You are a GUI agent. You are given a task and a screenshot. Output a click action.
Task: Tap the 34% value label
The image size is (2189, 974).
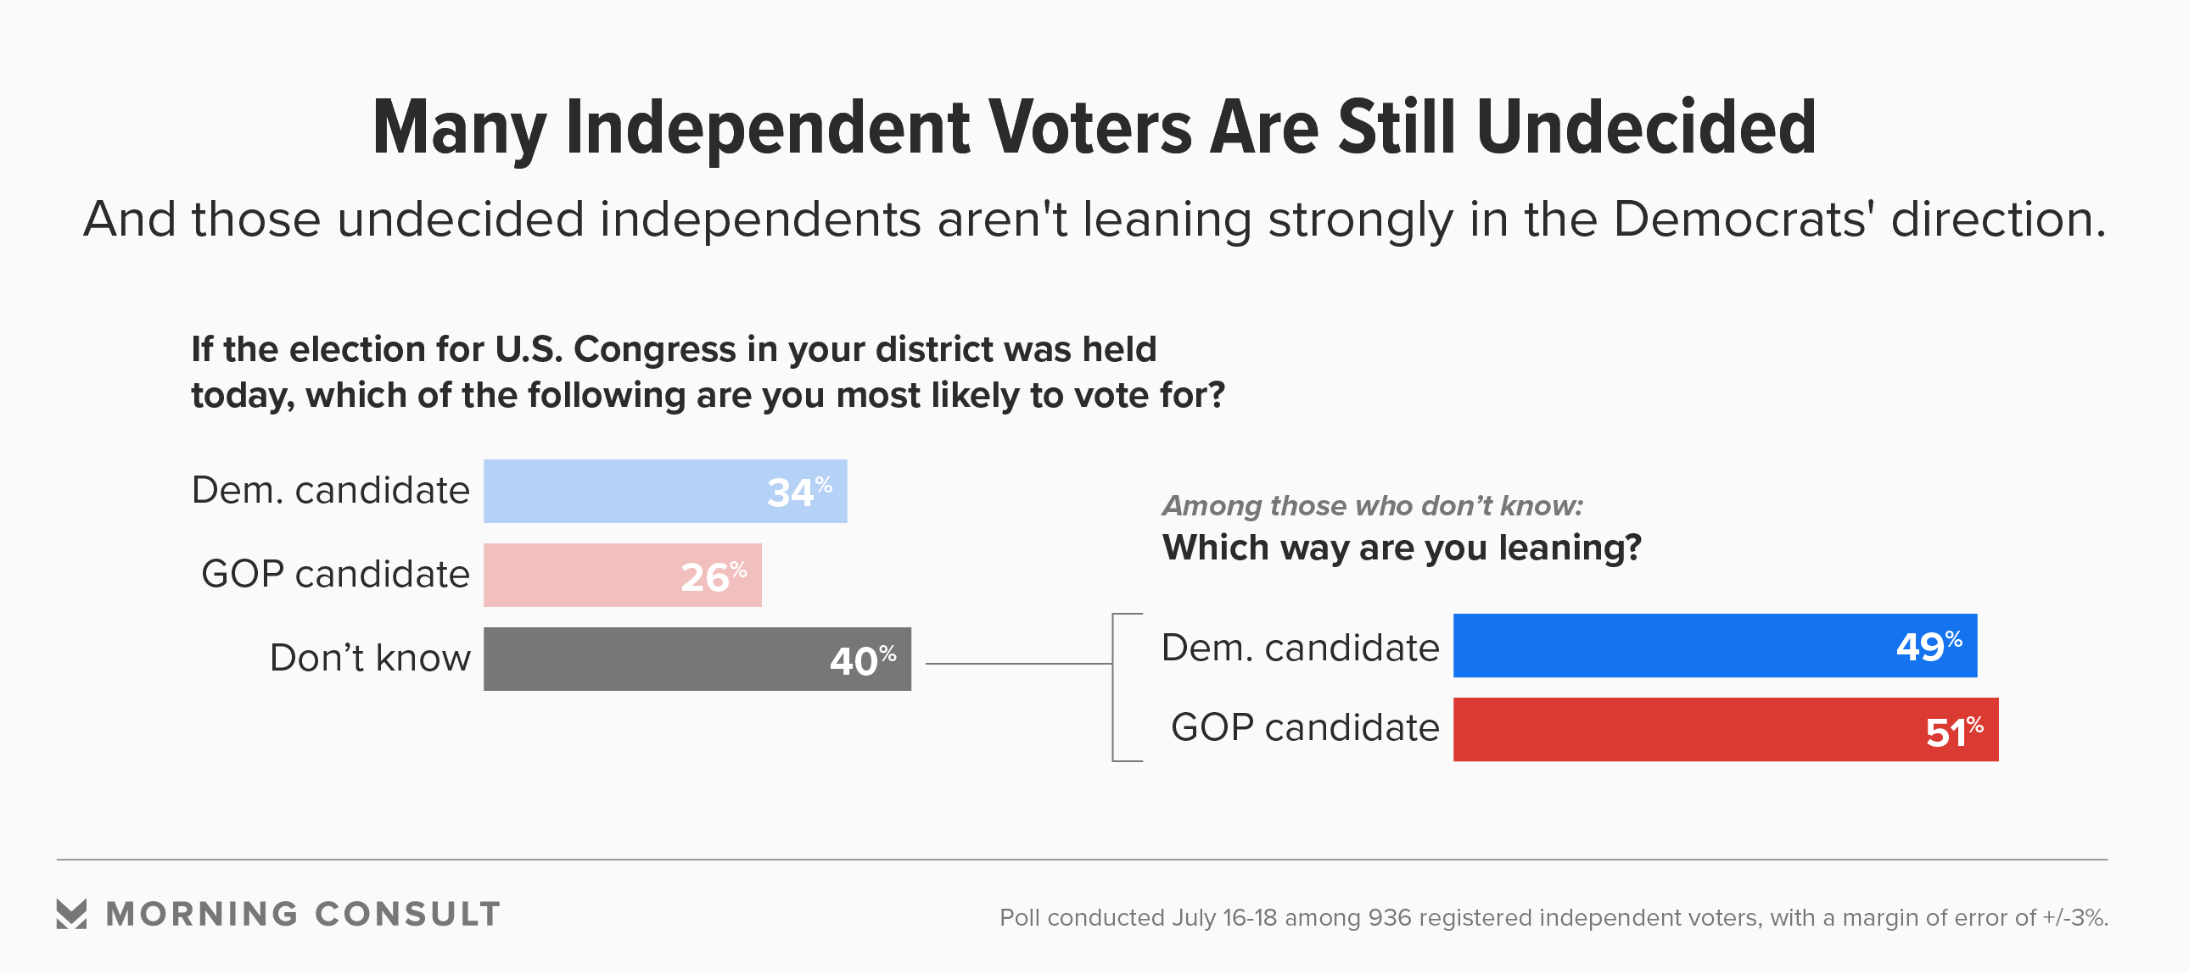click(x=798, y=492)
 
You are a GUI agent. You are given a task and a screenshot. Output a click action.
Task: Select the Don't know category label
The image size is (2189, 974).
click(x=370, y=658)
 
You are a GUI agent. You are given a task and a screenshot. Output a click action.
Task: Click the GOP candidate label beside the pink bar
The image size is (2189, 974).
click(x=335, y=574)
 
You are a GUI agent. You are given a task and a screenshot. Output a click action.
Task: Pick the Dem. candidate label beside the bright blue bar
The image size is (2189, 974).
click(x=1300, y=648)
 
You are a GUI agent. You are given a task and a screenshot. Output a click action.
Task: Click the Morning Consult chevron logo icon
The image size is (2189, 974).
click(x=71, y=914)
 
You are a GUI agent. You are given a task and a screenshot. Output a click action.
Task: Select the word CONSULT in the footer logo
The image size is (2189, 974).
click(x=407, y=915)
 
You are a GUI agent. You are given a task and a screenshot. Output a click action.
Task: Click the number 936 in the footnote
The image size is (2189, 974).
click(x=1390, y=918)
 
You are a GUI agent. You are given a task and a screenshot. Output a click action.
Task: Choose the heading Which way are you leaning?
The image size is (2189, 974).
click(x=1402, y=548)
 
